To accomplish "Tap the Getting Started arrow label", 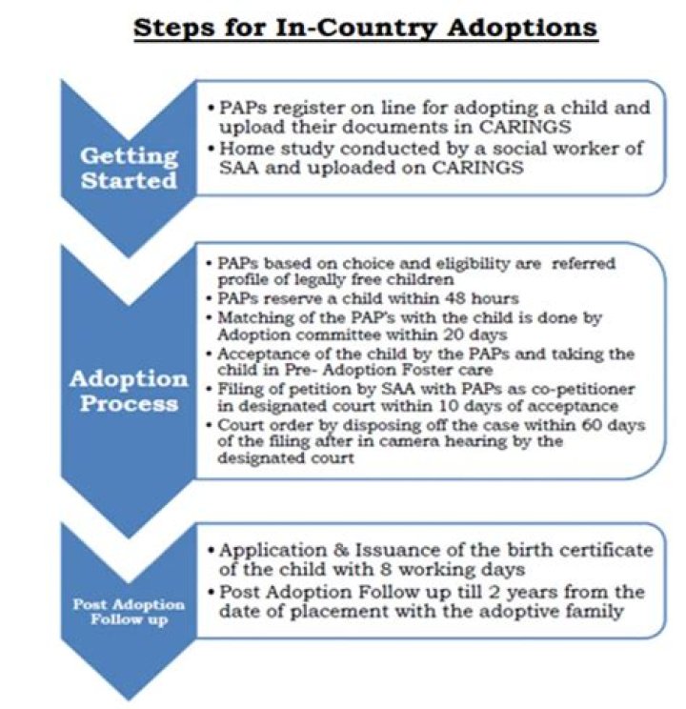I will (129, 168).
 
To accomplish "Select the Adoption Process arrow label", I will (129, 390).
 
